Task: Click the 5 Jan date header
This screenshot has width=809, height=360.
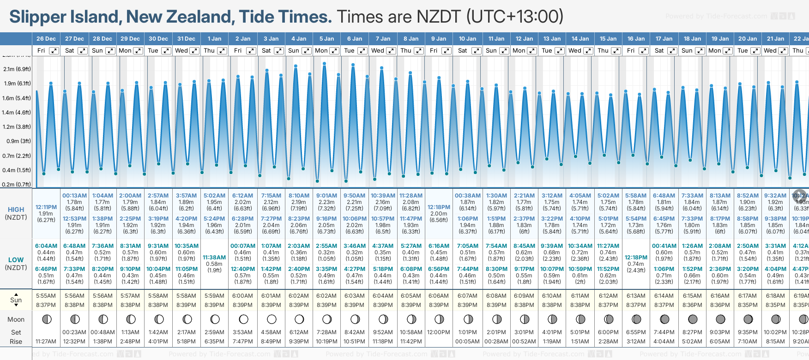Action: [x=326, y=39]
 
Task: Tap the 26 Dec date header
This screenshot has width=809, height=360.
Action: [x=46, y=39]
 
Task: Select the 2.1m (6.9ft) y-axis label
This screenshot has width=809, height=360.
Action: [x=17, y=69]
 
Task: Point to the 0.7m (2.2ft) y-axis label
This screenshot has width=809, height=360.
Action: [x=17, y=156]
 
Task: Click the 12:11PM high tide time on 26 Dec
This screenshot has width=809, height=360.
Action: [x=46, y=207]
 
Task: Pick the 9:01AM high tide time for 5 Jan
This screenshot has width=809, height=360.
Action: [x=326, y=196]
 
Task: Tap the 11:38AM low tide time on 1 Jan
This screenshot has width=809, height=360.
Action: [x=214, y=258]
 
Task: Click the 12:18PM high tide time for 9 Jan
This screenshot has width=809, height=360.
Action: [x=439, y=207]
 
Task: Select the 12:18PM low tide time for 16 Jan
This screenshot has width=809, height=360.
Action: [x=636, y=258]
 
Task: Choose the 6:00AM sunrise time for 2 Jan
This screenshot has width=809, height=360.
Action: [x=242, y=296]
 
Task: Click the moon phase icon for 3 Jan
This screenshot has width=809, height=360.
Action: [x=271, y=319]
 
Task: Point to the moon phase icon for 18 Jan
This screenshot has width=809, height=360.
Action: [x=692, y=319]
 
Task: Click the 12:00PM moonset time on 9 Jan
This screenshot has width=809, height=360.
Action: [x=439, y=332]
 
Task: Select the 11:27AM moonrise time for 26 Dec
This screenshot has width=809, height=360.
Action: [x=46, y=342]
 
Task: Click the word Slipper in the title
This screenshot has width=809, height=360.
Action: [x=37, y=17]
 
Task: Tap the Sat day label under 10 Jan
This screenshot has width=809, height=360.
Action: [x=462, y=51]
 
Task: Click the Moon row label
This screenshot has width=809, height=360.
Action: [x=16, y=319]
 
